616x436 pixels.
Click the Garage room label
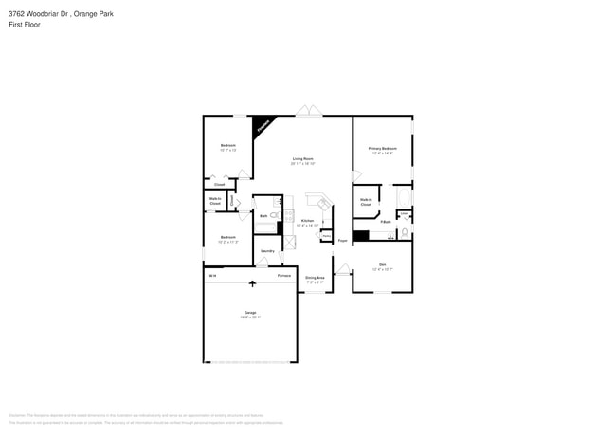point(251,313)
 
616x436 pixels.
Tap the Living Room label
point(302,159)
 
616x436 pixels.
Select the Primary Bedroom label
point(382,149)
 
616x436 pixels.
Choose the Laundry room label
point(267,250)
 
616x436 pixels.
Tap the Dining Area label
point(315,278)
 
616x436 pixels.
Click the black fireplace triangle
point(263,125)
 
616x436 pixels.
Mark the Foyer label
point(342,241)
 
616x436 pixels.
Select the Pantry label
point(326,236)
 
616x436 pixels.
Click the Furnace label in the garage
point(283,275)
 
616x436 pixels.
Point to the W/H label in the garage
point(212,275)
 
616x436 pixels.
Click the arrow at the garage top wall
point(253,282)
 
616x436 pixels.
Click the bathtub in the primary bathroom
point(403,198)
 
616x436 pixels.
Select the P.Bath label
point(386,222)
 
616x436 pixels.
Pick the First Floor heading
point(25,25)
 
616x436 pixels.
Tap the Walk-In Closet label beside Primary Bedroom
point(366,202)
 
